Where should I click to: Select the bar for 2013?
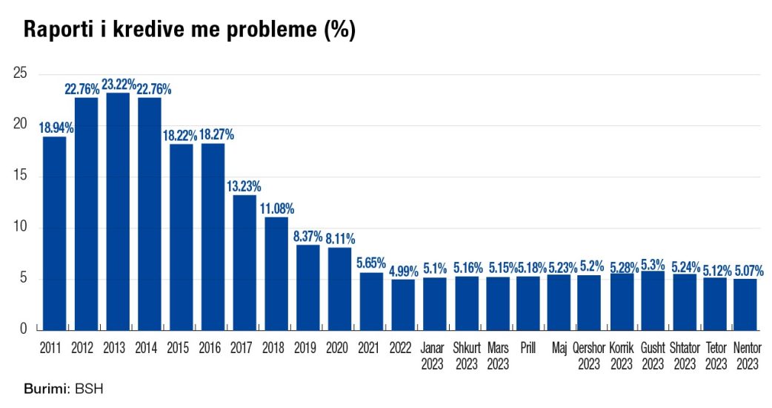(118, 211)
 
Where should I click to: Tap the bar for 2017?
(244, 263)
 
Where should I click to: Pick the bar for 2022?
(403, 304)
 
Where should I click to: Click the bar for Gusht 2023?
(653, 300)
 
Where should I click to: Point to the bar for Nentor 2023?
(747, 304)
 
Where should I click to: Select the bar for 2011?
(54, 233)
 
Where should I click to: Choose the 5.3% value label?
(653, 263)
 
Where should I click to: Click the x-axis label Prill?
(528, 346)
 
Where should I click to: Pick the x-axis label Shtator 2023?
(684, 355)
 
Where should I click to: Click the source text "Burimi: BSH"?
(62, 389)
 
